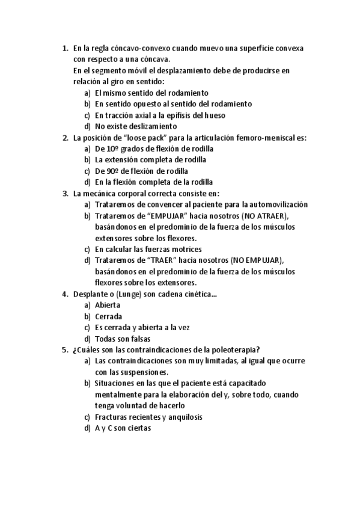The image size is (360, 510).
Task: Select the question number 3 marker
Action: tap(65, 194)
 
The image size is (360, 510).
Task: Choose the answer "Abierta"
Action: tap(108, 305)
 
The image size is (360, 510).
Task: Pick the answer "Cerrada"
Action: tap(108, 316)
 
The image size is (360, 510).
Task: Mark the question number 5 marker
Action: tap(65, 349)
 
